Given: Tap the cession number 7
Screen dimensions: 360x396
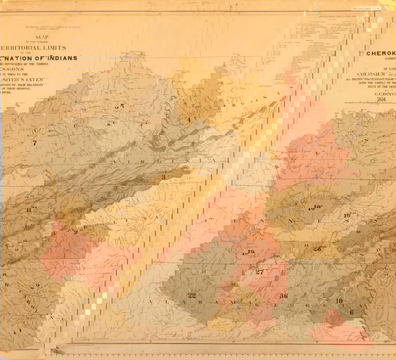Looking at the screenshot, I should [x=34, y=143].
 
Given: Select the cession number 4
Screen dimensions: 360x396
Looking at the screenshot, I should [x=189, y=120].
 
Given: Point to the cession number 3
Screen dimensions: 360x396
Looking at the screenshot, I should [x=163, y=177].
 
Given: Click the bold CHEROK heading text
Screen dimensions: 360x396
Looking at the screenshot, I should [x=380, y=51].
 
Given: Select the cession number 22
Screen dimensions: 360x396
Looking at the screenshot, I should [x=192, y=295].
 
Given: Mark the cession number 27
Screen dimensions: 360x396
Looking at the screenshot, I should [x=260, y=271].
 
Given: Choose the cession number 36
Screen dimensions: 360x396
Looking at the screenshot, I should [x=283, y=296].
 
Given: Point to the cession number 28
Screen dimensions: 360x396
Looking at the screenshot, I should [x=318, y=247].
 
